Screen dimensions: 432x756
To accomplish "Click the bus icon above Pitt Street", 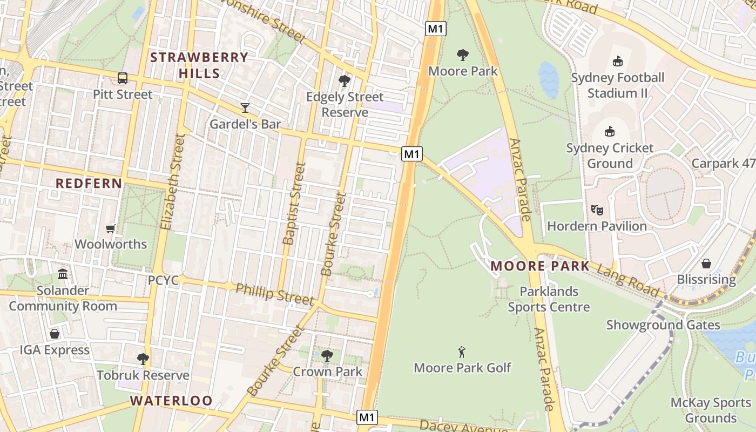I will click(x=123, y=78).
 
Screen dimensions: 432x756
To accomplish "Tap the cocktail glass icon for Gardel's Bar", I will click(x=245, y=108).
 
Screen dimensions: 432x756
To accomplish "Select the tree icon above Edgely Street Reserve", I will click(x=344, y=82).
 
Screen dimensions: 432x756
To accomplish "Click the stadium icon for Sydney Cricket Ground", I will click(x=610, y=131).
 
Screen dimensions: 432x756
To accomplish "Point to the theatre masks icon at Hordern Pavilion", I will click(x=597, y=210).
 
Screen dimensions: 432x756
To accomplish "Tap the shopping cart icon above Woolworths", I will click(x=111, y=228).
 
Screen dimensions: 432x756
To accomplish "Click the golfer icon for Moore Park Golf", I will click(x=462, y=352).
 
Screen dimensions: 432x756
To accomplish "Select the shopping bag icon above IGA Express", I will click(x=55, y=334).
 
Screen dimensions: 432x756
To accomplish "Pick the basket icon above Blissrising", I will click(x=706, y=264).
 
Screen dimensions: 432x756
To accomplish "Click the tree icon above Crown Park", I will click(x=327, y=355).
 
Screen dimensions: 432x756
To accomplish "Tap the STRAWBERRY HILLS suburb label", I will click(x=199, y=65).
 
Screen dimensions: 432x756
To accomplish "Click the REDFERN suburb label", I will click(x=89, y=184).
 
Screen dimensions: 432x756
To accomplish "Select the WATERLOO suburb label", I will click(x=171, y=401).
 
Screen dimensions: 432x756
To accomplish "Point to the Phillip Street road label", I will click(x=274, y=294).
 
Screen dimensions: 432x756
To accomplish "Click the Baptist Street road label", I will click(x=294, y=204).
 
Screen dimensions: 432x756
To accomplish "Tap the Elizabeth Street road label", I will click(x=173, y=182).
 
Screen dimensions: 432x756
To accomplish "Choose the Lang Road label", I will click(x=630, y=278).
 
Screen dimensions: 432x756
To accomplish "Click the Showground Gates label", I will click(x=663, y=325).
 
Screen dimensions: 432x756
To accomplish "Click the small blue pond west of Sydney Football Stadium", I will click(x=548, y=79).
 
